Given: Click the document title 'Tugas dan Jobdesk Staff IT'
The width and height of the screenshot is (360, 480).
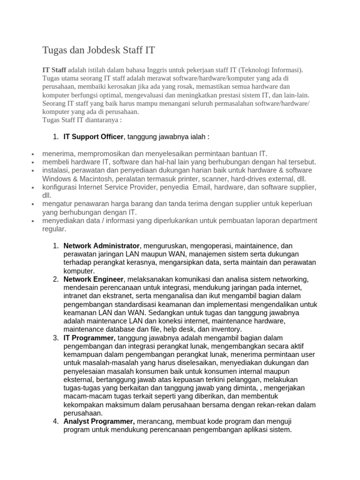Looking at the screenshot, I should coord(98,50).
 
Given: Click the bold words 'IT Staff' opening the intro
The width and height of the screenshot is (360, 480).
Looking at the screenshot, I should coord(54,70).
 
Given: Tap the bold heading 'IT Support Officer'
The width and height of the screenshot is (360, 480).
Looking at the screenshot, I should coord(93,137).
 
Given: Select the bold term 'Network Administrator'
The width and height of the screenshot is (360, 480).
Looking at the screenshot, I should coord(102,246).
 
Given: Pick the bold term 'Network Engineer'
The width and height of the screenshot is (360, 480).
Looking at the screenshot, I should coord(94,279).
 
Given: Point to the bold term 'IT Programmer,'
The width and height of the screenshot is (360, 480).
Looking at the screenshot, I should coord(90,337).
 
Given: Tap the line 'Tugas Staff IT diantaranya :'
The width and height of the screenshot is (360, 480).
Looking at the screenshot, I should coord(82,120).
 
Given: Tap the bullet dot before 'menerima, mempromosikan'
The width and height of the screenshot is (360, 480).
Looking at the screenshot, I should coord(32,154).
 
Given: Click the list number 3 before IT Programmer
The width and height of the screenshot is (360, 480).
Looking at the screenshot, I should coord(55,337).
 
